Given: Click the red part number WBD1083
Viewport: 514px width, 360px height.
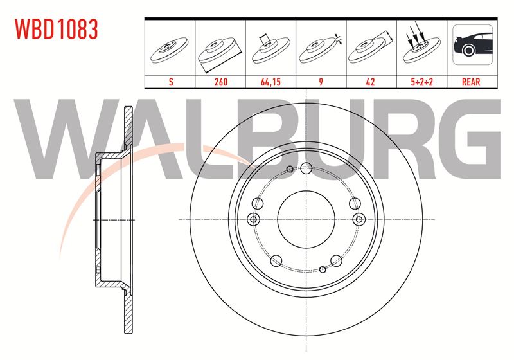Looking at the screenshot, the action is click(x=56, y=29).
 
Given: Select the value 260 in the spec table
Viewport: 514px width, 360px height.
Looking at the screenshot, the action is click(x=220, y=82).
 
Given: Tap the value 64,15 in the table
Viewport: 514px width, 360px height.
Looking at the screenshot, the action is click(x=270, y=82).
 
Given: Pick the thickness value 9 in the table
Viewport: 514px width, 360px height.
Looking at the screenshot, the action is click(x=321, y=82).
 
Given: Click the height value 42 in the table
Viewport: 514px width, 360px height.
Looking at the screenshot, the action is click(x=371, y=82).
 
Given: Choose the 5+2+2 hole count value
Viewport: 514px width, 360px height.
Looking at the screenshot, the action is click(x=422, y=82).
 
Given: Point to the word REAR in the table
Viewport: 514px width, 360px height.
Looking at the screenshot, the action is click(x=471, y=82).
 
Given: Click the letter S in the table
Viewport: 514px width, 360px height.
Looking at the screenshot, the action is click(x=171, y=82).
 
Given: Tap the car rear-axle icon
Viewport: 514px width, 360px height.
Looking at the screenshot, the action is click(x=472, y=44).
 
